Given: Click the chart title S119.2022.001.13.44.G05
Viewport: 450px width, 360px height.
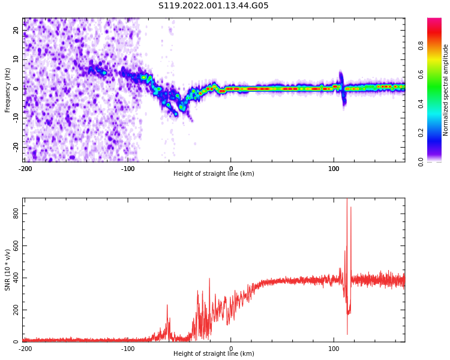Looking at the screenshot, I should (214, 6).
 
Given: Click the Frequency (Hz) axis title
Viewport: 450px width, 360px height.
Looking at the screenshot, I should (8, 90).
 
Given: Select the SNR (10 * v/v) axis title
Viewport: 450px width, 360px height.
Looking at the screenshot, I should (8, 270).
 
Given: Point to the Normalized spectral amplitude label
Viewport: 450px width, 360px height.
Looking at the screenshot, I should (446, 90).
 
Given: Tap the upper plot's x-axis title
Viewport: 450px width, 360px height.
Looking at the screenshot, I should (214, 173).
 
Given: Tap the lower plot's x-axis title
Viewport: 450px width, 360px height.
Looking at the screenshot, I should (214, 353).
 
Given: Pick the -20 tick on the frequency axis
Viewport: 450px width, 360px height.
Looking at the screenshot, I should (16, 147).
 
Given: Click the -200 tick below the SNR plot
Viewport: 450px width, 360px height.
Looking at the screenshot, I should (25, 349).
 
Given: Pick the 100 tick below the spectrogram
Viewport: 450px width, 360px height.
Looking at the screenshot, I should (334, 169).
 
